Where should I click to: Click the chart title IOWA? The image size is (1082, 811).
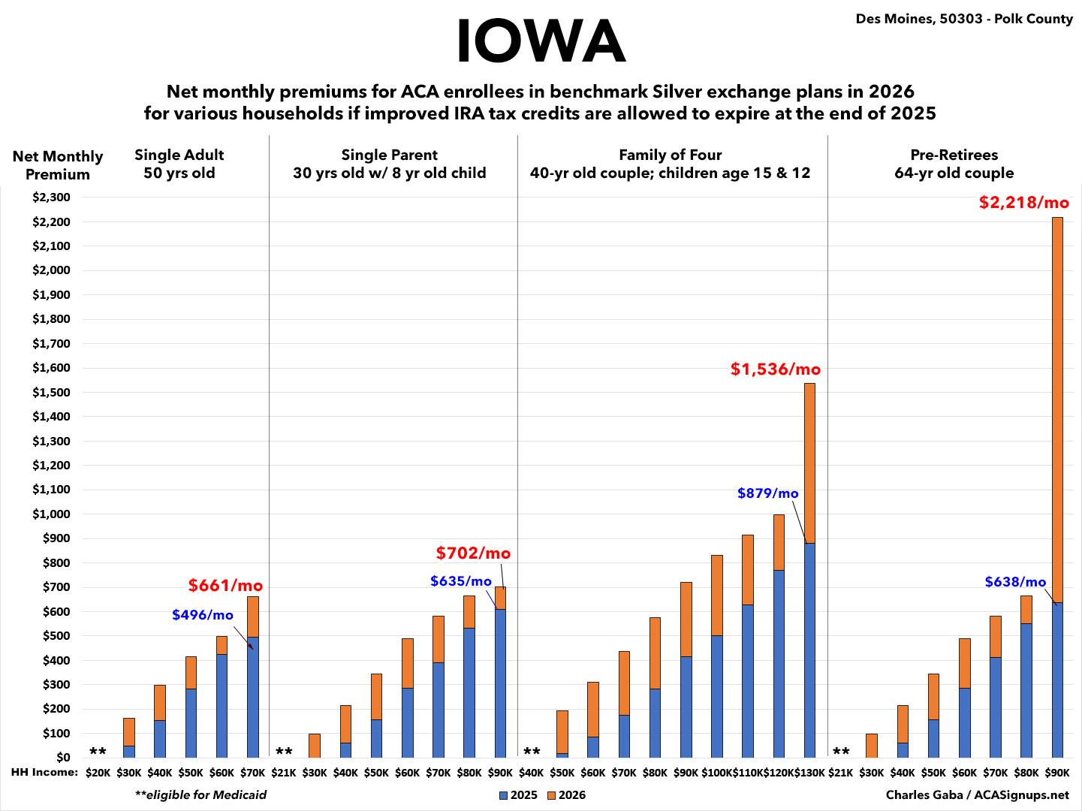click(541, 41)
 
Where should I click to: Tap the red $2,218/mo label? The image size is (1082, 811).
click(1023, 203)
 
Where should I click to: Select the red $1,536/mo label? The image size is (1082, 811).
click(776, 369)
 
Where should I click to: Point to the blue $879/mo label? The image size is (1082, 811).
click(767, 493)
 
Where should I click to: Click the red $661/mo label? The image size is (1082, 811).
click(225, 586)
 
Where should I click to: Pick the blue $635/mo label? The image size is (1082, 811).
click(461, 581)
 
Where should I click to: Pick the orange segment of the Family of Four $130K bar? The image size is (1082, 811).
click(809, 462)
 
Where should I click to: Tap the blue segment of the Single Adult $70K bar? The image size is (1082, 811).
click(253, 695)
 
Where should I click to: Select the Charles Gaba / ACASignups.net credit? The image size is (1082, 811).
click(977, 794)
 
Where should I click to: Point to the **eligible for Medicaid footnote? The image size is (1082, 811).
click(200, 794)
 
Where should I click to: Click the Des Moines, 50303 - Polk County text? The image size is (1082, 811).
click(964, 19)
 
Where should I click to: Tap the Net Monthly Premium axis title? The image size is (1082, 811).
click(58, 165)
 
